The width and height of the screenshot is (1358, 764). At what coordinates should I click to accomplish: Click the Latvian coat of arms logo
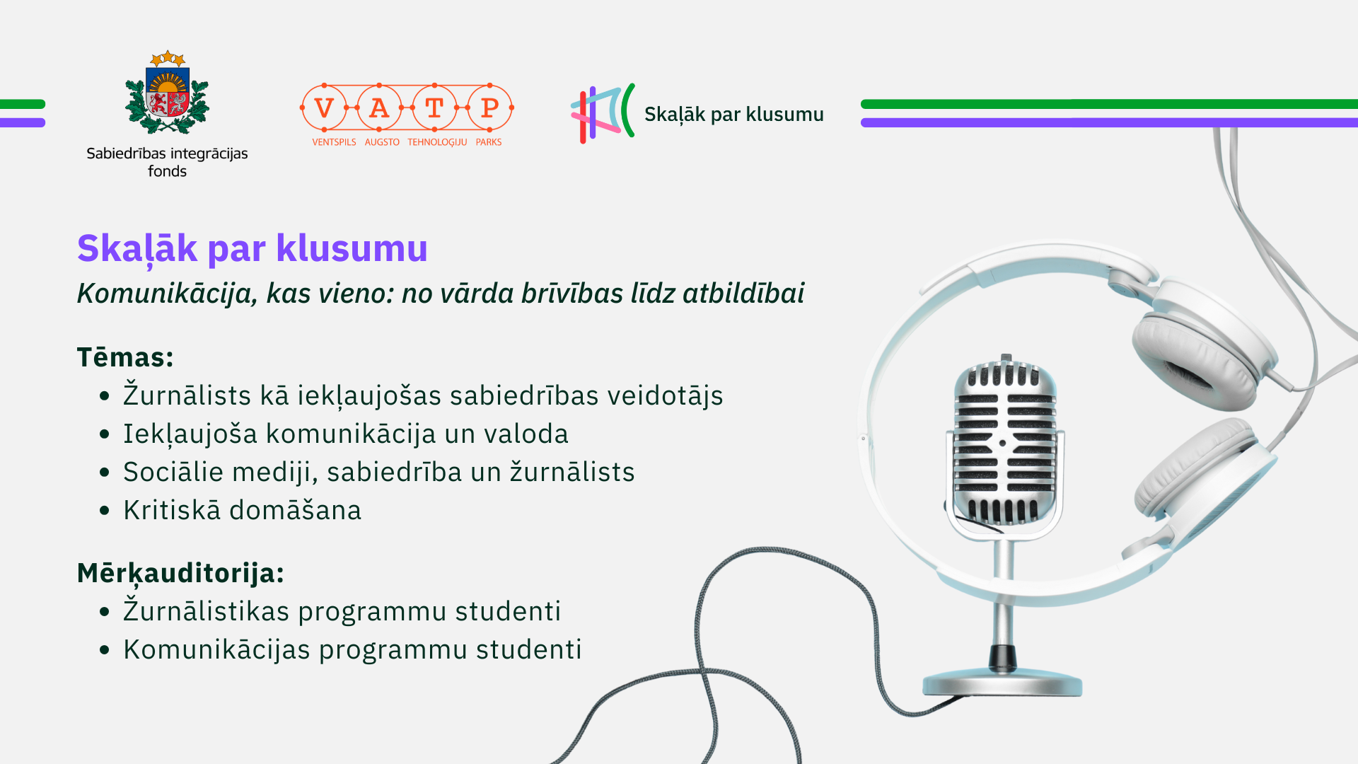(167, 92)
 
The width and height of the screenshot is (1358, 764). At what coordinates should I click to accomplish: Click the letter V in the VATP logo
(324, 108)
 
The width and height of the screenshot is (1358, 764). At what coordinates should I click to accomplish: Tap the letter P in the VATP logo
(489, 108)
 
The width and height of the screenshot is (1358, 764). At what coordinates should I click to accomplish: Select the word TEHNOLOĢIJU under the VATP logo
(437, 142)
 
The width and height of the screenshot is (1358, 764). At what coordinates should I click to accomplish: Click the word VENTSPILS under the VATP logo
(334, 142)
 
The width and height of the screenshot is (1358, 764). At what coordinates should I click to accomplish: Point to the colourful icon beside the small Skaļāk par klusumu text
(603, 113)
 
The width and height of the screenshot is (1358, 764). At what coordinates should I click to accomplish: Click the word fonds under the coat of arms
(167, 171)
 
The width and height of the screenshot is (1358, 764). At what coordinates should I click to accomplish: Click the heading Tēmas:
(125, 357)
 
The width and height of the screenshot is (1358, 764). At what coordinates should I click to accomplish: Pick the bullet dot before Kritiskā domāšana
(105, 510)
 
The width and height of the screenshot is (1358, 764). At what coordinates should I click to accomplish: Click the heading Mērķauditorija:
(180, 573)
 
